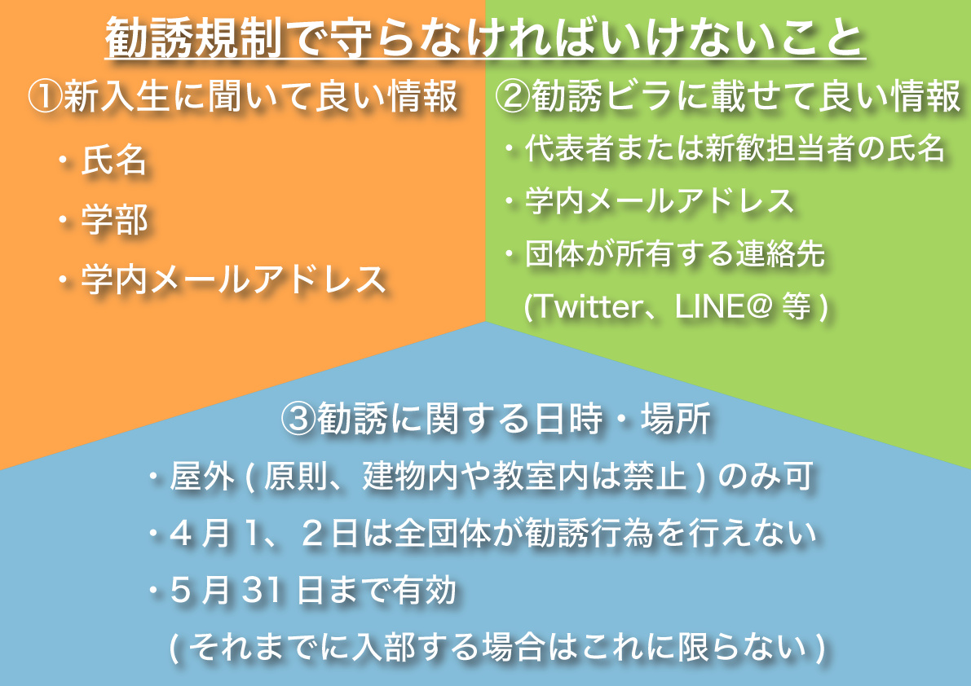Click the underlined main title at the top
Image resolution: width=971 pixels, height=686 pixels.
[485, 38]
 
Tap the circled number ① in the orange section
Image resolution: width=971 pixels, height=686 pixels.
[45, 96]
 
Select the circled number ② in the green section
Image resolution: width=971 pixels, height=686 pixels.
[513, 96]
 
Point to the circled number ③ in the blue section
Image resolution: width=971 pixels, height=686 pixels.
[299, 418]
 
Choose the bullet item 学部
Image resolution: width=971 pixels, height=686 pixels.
[114, 220]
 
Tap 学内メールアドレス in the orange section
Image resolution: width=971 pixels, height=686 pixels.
[233, 279]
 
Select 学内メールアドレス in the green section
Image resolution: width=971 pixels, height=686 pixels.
[660, 201]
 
